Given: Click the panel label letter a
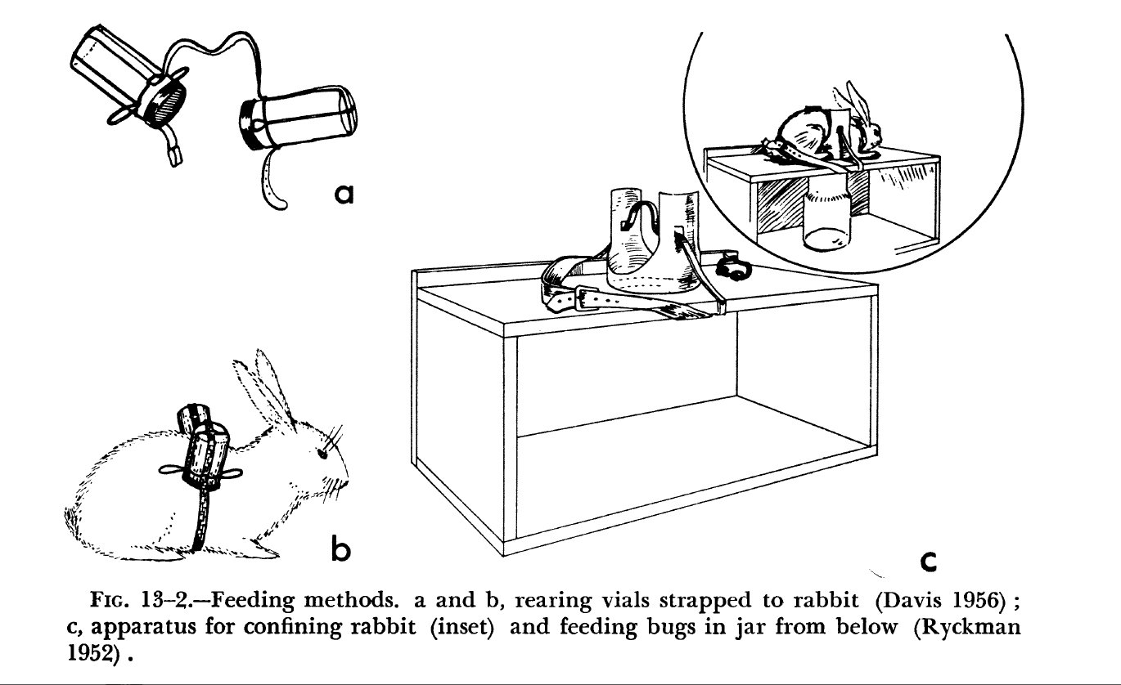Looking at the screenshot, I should coord(344,194).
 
